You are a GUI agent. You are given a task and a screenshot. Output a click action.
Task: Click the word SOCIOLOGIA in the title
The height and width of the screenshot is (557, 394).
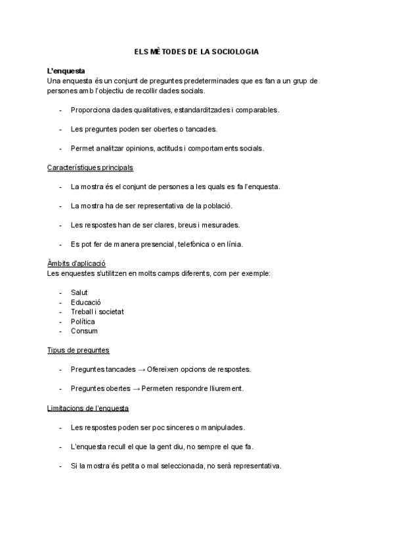[x=235, y=51]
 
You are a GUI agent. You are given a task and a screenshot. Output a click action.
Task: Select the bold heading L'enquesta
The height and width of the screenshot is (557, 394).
[x=65, y=71]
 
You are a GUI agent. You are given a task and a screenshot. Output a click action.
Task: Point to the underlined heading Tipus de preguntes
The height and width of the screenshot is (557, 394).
[x=78, y=350]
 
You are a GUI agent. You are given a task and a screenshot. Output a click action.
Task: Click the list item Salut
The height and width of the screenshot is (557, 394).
[x=79, y=292]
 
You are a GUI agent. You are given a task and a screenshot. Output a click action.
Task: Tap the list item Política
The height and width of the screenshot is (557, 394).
[x=83, y=321]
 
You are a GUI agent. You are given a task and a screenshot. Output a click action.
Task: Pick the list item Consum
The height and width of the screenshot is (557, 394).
[x=84, y=331]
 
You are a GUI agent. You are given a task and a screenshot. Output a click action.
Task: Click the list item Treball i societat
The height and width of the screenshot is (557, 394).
[x=97, y=311]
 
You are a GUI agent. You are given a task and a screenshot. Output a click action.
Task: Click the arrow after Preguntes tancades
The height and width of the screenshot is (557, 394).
[x=141, y=369]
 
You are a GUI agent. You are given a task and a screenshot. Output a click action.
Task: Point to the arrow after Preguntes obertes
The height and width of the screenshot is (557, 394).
[x=137, y=388]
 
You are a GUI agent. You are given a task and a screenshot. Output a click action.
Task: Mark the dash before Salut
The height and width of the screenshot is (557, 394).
[x=60, y=292]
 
